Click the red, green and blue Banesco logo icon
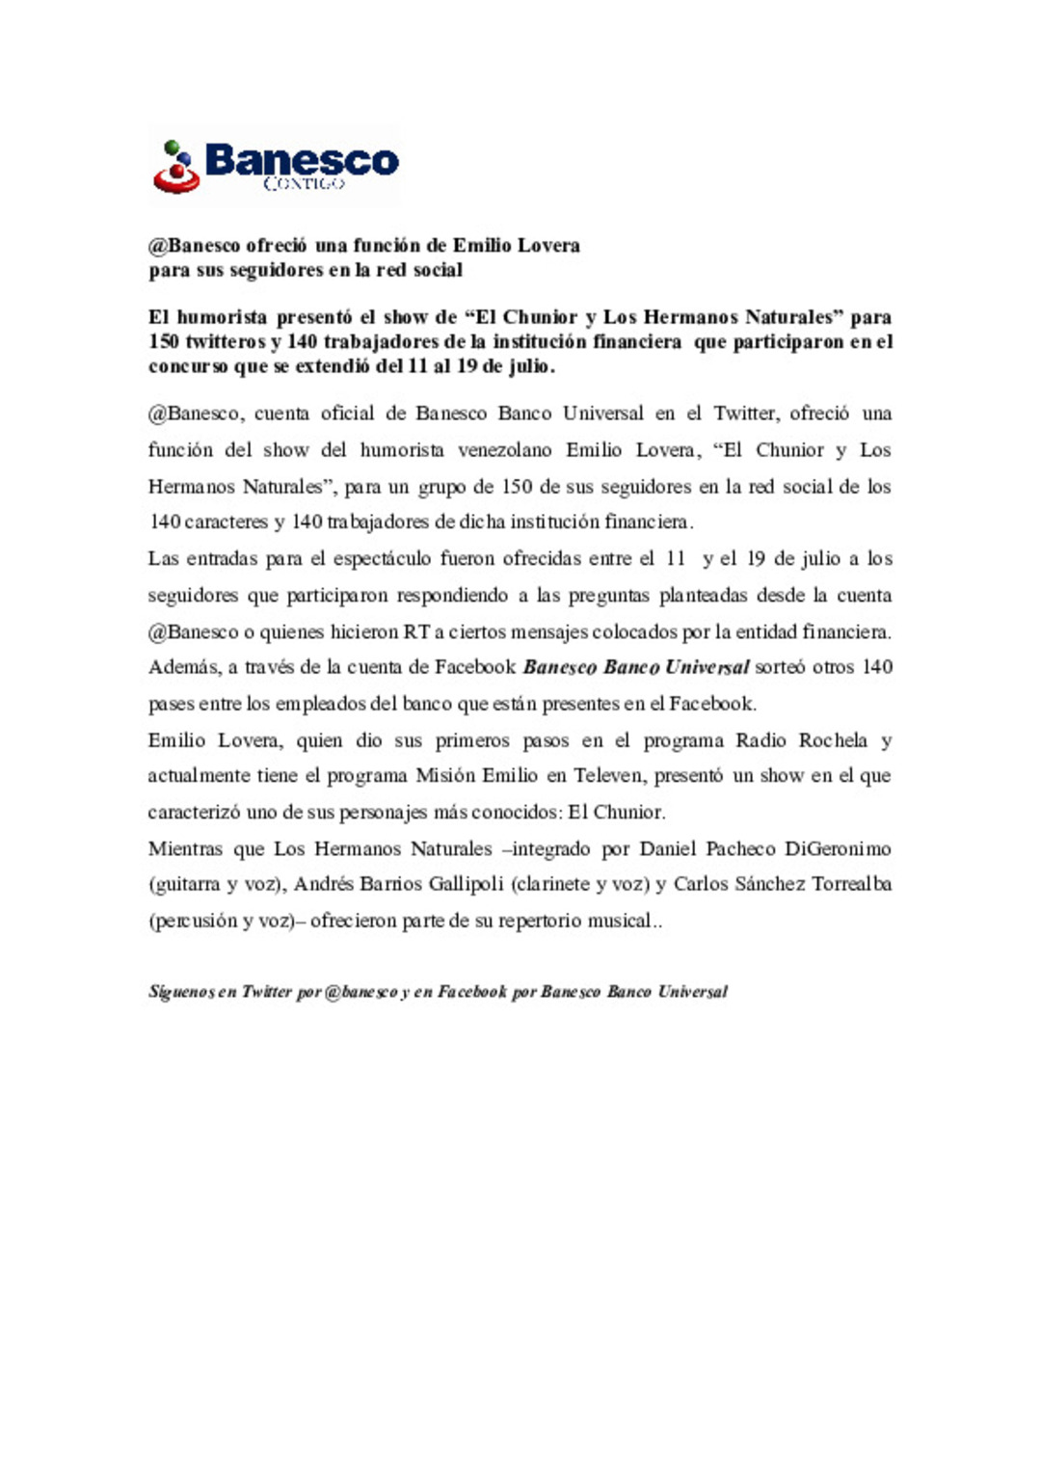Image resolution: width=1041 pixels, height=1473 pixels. pos(175,167)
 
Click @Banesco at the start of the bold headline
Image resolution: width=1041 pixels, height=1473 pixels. pos(194,246)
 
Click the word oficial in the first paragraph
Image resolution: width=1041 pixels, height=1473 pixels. pos(347,414)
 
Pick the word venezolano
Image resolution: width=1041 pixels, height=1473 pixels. pos(504,450)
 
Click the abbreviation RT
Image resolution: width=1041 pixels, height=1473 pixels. pos(416,632)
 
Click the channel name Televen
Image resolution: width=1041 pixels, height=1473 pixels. pos(608,776)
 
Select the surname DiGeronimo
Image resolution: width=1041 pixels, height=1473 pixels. pos(837,849)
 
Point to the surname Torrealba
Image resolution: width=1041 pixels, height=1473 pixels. pos(851,884)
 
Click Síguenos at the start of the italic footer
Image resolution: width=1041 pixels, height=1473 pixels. pos(180,992)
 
